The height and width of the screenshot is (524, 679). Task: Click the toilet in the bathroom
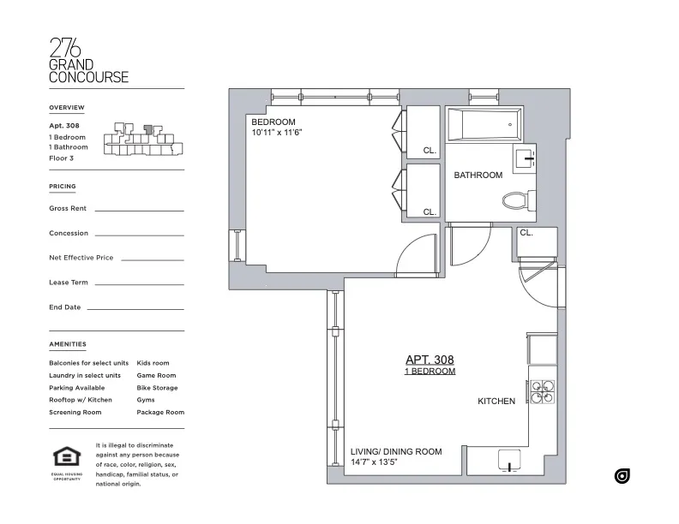516,201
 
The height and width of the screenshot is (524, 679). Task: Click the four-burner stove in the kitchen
542,391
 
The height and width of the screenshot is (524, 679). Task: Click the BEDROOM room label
273,122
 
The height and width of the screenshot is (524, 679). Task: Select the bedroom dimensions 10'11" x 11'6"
277,133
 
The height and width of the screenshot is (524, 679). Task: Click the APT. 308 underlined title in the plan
430,360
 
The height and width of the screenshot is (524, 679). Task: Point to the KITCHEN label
496,401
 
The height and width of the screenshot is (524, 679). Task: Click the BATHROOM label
478,176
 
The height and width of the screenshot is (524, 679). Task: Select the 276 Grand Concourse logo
88,60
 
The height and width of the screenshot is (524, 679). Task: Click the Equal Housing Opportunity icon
66,458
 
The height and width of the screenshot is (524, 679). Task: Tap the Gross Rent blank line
139,210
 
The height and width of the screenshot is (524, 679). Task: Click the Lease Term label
69,283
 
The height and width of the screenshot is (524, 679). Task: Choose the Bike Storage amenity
157,388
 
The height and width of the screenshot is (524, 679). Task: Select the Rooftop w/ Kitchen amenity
81,400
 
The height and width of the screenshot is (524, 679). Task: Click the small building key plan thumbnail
141,141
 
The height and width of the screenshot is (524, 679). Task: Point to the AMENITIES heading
68,344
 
